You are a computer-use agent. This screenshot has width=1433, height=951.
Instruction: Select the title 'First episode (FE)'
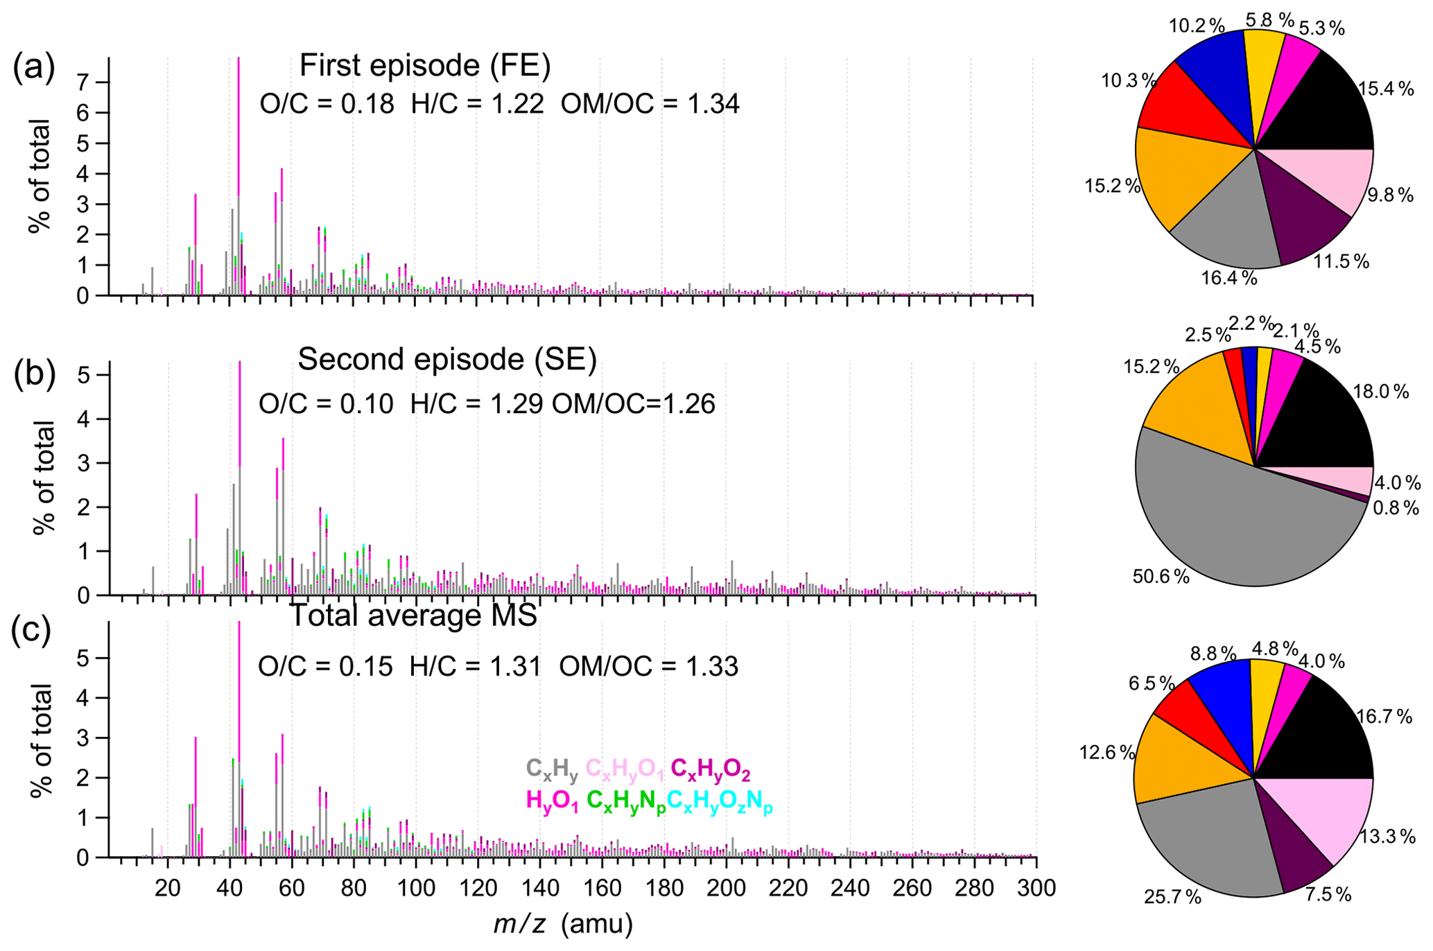tap(424, 67)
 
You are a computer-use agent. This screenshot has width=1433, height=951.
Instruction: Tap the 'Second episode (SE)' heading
tap(447, 360)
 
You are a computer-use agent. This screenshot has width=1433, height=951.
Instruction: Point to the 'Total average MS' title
tap(413, 616)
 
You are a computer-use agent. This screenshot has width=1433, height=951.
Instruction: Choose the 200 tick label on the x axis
tap(726, 888)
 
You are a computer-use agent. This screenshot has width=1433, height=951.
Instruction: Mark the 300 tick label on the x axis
tap(1036, 888)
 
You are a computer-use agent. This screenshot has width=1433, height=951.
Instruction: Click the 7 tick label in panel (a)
tap(84, 82)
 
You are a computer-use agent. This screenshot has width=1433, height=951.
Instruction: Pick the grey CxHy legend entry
tap(552, 769)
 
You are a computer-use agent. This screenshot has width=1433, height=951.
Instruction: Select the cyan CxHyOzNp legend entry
tap(720, 801)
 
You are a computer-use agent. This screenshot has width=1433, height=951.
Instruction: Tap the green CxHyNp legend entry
tap(626, 801)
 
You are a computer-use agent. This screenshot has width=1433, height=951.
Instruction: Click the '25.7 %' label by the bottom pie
tap(1172, 898)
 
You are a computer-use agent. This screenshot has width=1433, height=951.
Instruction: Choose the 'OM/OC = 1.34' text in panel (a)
tap(650, 104)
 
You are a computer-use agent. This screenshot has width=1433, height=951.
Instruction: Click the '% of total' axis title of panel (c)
tap(41, 740)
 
